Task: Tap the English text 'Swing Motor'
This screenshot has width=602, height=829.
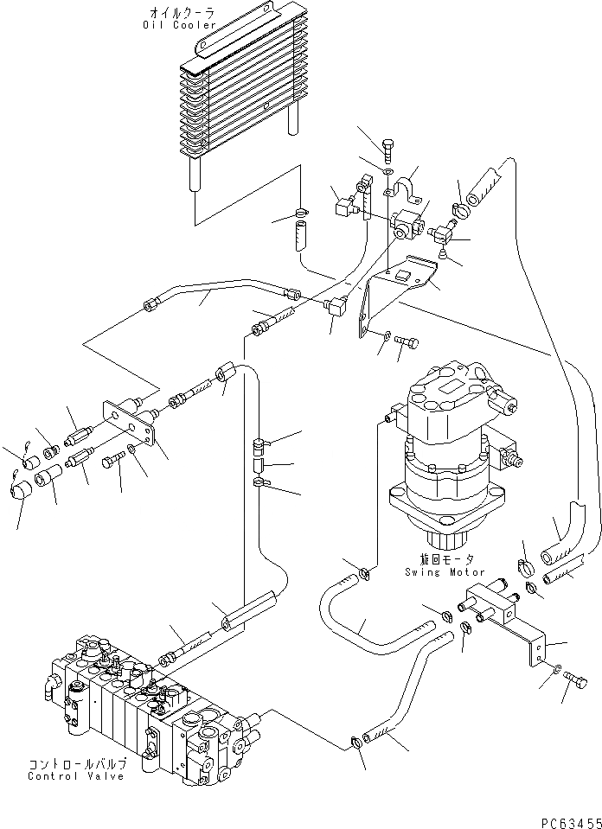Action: (x=445, y=571)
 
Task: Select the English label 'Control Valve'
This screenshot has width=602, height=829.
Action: (x=76, y=776)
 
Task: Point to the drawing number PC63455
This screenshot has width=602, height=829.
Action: (x=571, y=822)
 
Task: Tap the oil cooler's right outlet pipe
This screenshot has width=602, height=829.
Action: (x=293, y=119)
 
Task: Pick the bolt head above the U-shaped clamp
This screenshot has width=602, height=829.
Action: (x=387, y=145)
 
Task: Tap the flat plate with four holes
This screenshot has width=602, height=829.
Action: (x=129, y=424)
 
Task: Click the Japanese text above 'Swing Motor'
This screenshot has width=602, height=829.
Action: (x=446, y=559)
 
